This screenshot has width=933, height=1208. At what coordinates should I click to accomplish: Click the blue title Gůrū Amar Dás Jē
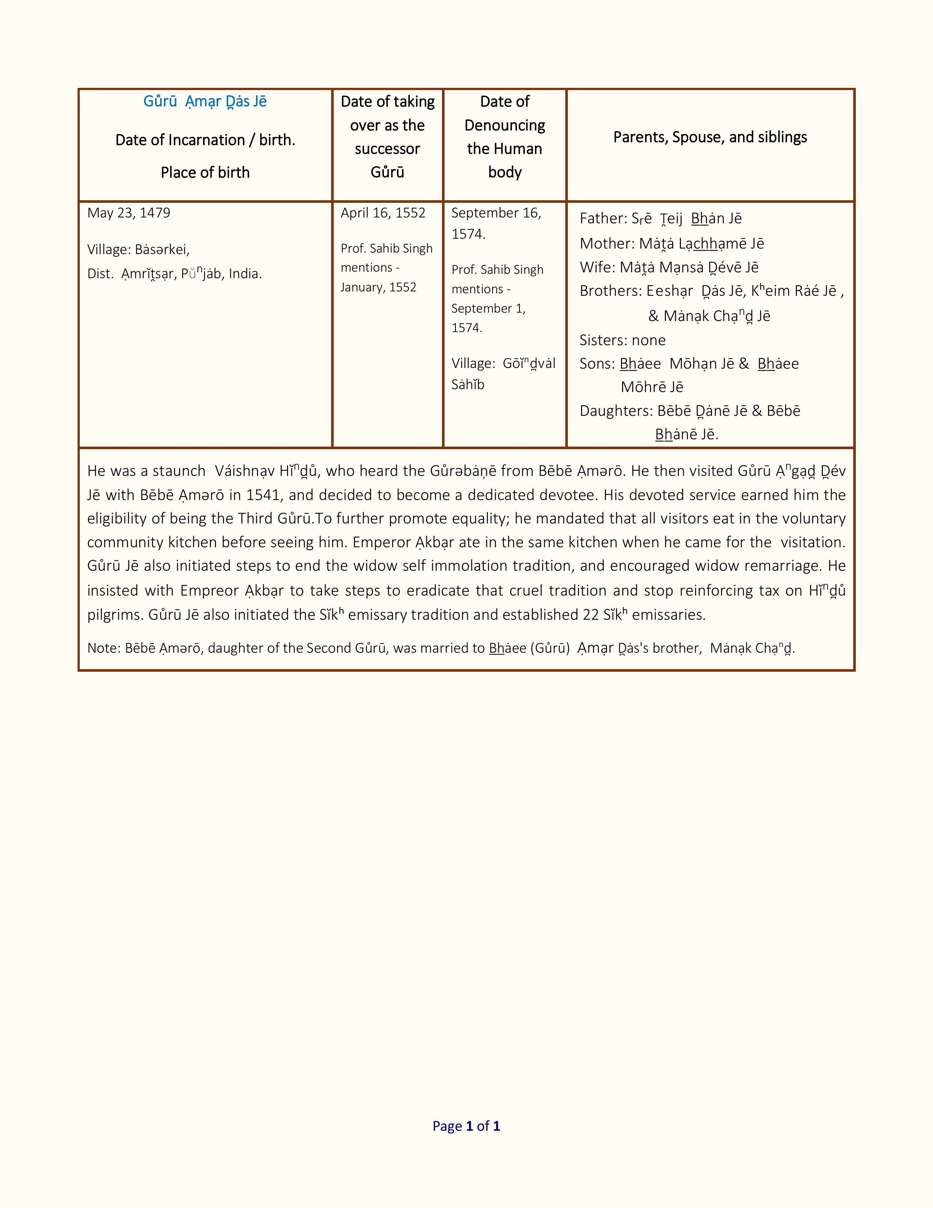[205, 102]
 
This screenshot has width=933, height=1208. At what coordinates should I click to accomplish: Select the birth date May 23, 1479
[129, 213]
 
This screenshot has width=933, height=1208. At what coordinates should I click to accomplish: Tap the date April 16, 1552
[383, 213]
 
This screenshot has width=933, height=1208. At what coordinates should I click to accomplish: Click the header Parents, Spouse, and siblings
[710, 137]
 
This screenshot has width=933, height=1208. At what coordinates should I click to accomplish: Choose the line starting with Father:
[660, 219]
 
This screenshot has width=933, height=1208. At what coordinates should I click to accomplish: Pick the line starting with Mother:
[671, 243]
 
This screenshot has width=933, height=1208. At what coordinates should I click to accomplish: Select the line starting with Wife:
[669, 267]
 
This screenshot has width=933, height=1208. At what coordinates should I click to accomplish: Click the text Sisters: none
[622, 340]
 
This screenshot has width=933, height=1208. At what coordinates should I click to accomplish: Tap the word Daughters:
[616, 411]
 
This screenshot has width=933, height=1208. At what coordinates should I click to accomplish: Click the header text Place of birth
[205, 172]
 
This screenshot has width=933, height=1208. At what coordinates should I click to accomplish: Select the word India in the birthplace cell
[244, 274]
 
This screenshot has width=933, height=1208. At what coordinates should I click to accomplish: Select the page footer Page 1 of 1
[466, 1126]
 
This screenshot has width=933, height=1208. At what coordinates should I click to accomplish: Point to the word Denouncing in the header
[505, 126]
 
